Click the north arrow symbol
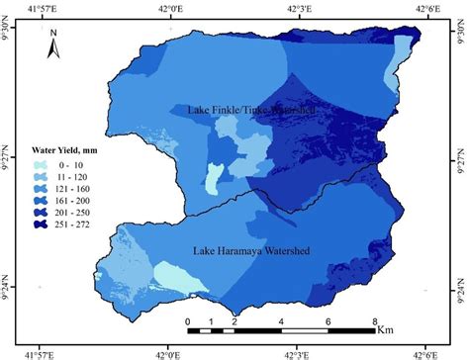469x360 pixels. [55, 45]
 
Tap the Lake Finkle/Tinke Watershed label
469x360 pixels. [251, 110]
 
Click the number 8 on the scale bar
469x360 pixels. [373, 321]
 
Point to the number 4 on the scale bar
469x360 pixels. [280, 321]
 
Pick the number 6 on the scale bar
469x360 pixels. [327, 321]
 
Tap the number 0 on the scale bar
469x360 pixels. [188, 321]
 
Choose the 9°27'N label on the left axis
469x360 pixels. [8, 157]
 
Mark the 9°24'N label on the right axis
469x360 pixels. [459, 289]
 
